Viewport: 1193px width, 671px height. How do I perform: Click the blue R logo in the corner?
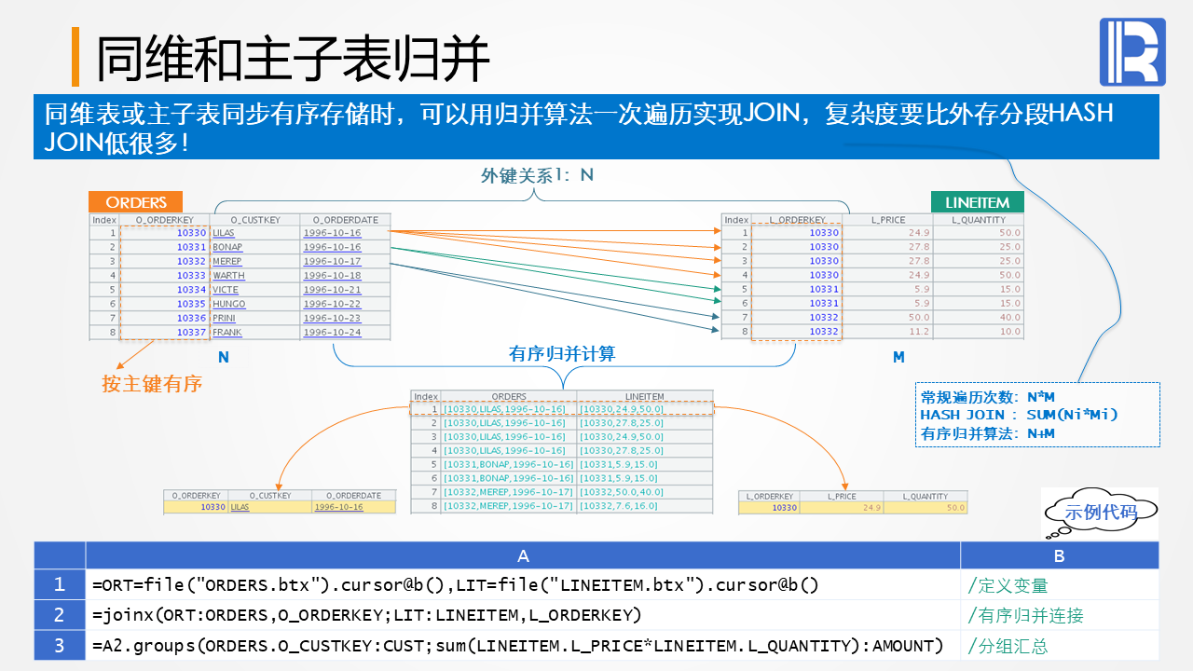tap(1133, 51)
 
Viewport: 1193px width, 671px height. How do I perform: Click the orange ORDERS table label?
tap(135, 202)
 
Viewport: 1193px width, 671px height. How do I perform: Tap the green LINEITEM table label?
tap(977, 202)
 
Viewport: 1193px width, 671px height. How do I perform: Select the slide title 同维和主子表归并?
tap(293, 59)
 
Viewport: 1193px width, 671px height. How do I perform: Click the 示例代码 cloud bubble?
tap(1101, 512)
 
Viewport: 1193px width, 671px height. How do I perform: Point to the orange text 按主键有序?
tap(152, 384)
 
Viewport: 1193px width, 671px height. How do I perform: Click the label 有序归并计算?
tap(562, 354)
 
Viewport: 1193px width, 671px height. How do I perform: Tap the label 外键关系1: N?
tap(537, 175)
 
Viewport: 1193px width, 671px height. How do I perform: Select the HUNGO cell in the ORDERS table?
tap(228, 304)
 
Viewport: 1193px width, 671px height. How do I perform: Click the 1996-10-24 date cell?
tap(332, 333)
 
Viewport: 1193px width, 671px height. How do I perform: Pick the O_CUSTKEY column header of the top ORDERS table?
tap(254, 220)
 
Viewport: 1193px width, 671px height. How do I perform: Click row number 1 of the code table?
tap(60, 585)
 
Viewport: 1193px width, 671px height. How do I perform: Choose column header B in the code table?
tap(1059, 555)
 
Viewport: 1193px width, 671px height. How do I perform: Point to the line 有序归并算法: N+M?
tap(987, 432)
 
